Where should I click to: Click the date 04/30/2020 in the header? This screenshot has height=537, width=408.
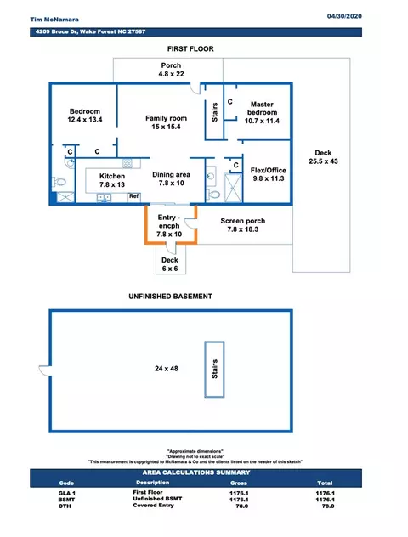coord(344,16)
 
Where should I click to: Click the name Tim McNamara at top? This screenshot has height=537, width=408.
coord(54,20)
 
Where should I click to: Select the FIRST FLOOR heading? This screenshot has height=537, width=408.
coord(190,49)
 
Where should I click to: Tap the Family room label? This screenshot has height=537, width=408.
coord(166,118)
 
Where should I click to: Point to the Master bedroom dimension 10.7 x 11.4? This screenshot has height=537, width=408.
coord(262,121)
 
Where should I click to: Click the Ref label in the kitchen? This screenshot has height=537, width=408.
coord(134,196)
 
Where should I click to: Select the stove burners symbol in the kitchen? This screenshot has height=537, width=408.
coord(127,163)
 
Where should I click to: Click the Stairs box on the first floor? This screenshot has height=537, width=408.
coord(214,112)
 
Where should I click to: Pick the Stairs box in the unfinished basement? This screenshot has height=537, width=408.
coord(214,369)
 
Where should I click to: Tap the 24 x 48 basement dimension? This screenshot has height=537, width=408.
coord(167,369)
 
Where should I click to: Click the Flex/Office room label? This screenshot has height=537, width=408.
coord(269,170)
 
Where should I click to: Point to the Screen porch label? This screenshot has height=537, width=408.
coord(243,221)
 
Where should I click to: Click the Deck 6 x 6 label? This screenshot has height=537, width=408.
coord(170,264)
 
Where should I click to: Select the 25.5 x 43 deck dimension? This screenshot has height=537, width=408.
coord(323,161)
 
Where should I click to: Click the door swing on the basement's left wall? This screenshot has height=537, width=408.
coord(45,370)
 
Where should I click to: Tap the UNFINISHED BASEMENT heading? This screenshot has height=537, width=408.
coord(171,297)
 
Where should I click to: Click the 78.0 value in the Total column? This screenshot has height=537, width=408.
coord(328,506)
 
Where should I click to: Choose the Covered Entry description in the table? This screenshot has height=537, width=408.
coord(154,506)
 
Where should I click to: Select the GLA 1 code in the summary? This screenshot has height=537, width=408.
coord(67,493)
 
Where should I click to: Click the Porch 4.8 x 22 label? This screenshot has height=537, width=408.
coord(172,70)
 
